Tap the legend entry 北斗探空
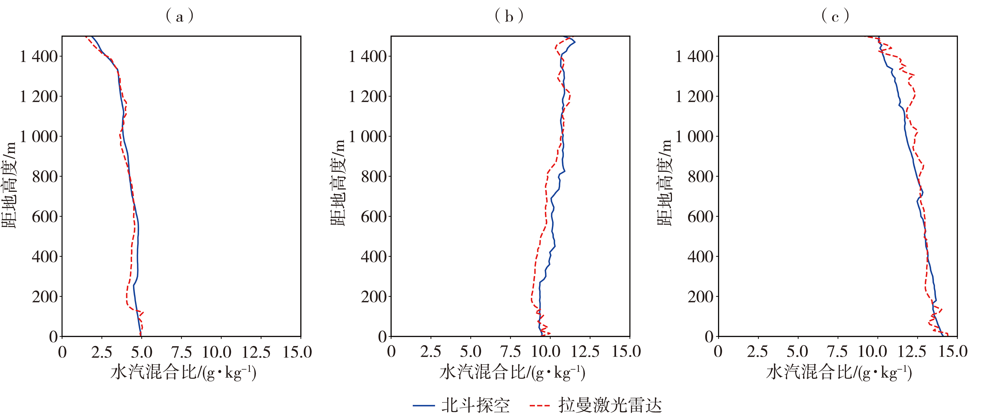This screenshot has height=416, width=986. pos(461,405)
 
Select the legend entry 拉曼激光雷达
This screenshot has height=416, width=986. pos(595,405)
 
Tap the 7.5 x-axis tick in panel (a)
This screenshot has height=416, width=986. pos(181,352)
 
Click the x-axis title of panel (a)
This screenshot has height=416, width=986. pos(183,372)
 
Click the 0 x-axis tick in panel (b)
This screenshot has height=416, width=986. pos(391,352)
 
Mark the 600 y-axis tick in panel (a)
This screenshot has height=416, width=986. pos(45,217)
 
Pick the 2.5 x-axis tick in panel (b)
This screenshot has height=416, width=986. pos(431,352)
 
